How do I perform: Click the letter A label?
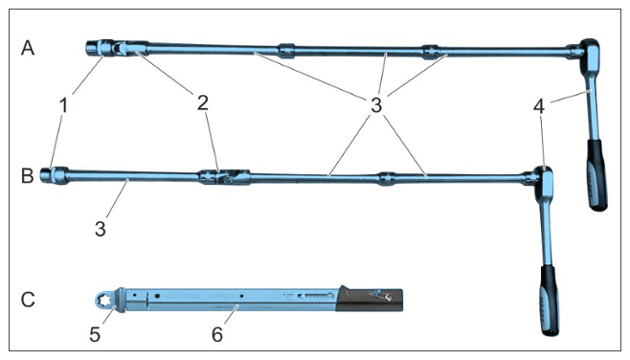[x=28, y=48]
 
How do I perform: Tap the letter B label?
[x=28, y=176]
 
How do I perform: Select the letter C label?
[x=28, y=300]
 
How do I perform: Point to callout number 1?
[x=63, y=105]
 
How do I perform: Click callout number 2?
[x=203, y=102]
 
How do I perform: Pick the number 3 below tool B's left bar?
[x=101, y=229]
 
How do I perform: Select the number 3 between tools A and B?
[x=376, y=105]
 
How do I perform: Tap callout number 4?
[x=539, y=107]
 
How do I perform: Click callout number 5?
[x=95, y=334]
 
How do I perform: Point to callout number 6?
[x=217, y=334]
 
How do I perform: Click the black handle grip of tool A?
[x=597, y=175]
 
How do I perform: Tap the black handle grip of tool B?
[x=549, y=300]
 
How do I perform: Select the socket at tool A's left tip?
[x=95, y=49]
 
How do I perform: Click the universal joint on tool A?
[x=124, y=48]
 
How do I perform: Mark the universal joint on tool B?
[x=224, y=177]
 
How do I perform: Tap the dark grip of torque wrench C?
[x=369, y=299]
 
